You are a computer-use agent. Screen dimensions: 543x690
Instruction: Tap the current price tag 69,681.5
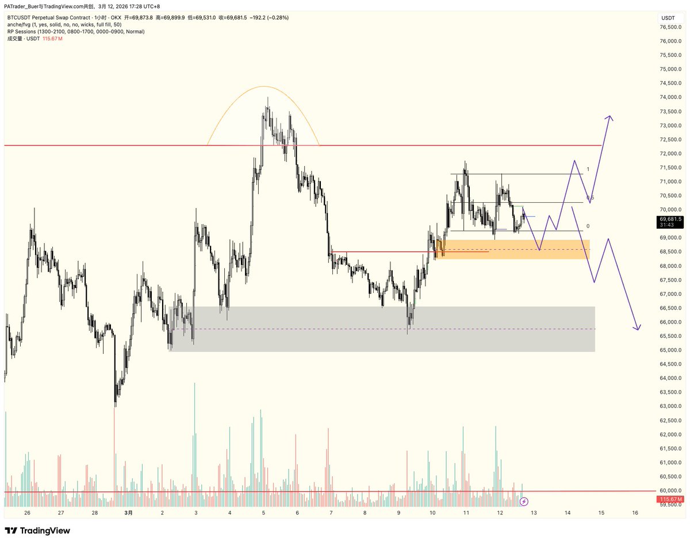670,219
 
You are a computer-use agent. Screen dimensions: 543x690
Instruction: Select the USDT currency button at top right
668,18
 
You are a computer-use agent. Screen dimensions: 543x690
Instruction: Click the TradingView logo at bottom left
37,530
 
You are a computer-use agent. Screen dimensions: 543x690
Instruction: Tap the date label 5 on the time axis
263,513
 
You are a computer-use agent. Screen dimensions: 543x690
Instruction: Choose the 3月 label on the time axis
129,513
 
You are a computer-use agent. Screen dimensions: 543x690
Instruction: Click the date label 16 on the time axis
635,513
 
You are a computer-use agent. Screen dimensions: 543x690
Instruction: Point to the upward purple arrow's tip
609,117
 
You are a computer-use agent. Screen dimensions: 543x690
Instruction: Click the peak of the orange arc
263,87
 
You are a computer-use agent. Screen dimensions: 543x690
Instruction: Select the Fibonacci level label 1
588,170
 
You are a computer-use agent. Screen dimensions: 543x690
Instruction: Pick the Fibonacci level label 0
588,226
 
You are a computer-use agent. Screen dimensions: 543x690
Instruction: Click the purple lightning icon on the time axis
524,502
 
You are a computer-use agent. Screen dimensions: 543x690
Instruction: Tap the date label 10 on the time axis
432,513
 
